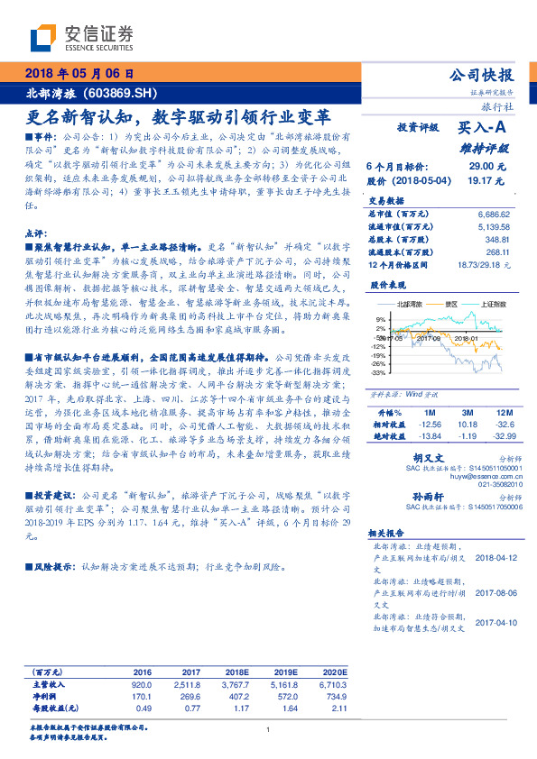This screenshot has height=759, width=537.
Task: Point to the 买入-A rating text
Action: coord(481,128)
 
